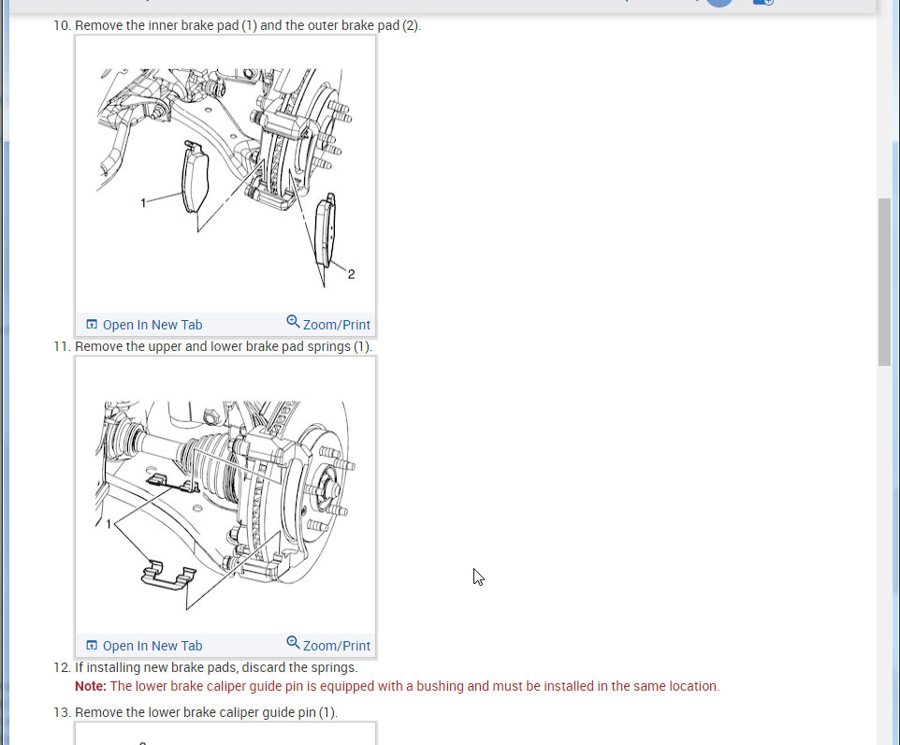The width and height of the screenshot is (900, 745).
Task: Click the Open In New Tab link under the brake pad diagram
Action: (x=144, y=325)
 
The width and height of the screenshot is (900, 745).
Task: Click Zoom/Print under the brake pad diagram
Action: (x=328, y=324)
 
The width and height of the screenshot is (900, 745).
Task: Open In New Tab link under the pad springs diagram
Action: (x=144, y=646)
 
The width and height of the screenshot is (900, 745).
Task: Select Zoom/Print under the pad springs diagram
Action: (x=328, y=645)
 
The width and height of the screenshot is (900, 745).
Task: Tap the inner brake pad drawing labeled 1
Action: (x=196, y=178)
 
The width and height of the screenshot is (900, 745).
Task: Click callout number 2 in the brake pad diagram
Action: (x=351, y=274)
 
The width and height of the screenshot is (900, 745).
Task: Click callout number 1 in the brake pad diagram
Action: (x=143, y=202)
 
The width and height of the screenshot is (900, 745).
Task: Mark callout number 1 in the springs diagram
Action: (x=109, y=524)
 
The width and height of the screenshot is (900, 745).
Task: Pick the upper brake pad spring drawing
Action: (x=172, y=484)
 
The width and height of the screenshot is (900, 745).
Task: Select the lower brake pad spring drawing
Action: (x=168, y=576)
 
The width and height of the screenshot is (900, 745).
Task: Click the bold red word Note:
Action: (x=91, y=686)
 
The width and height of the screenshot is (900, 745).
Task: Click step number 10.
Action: (x=62, y=25)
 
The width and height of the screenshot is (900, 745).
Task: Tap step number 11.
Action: (x=62, y=346)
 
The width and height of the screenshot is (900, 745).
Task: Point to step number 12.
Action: (x=62, y=667)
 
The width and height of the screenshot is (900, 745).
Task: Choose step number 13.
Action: (x=62, y=712)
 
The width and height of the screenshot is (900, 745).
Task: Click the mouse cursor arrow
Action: (x=477, y=577)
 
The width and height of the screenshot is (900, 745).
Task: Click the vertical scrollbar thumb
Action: (x=884, y=282)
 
